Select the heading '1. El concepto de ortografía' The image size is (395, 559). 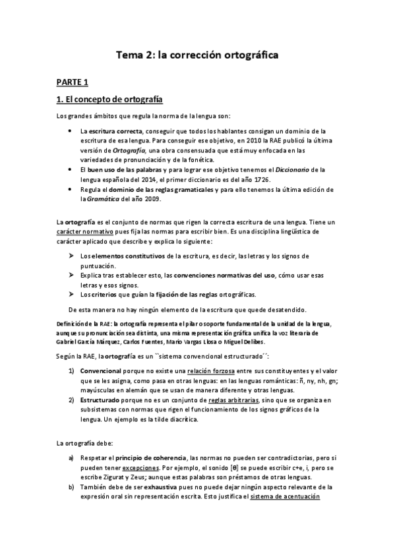109,100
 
